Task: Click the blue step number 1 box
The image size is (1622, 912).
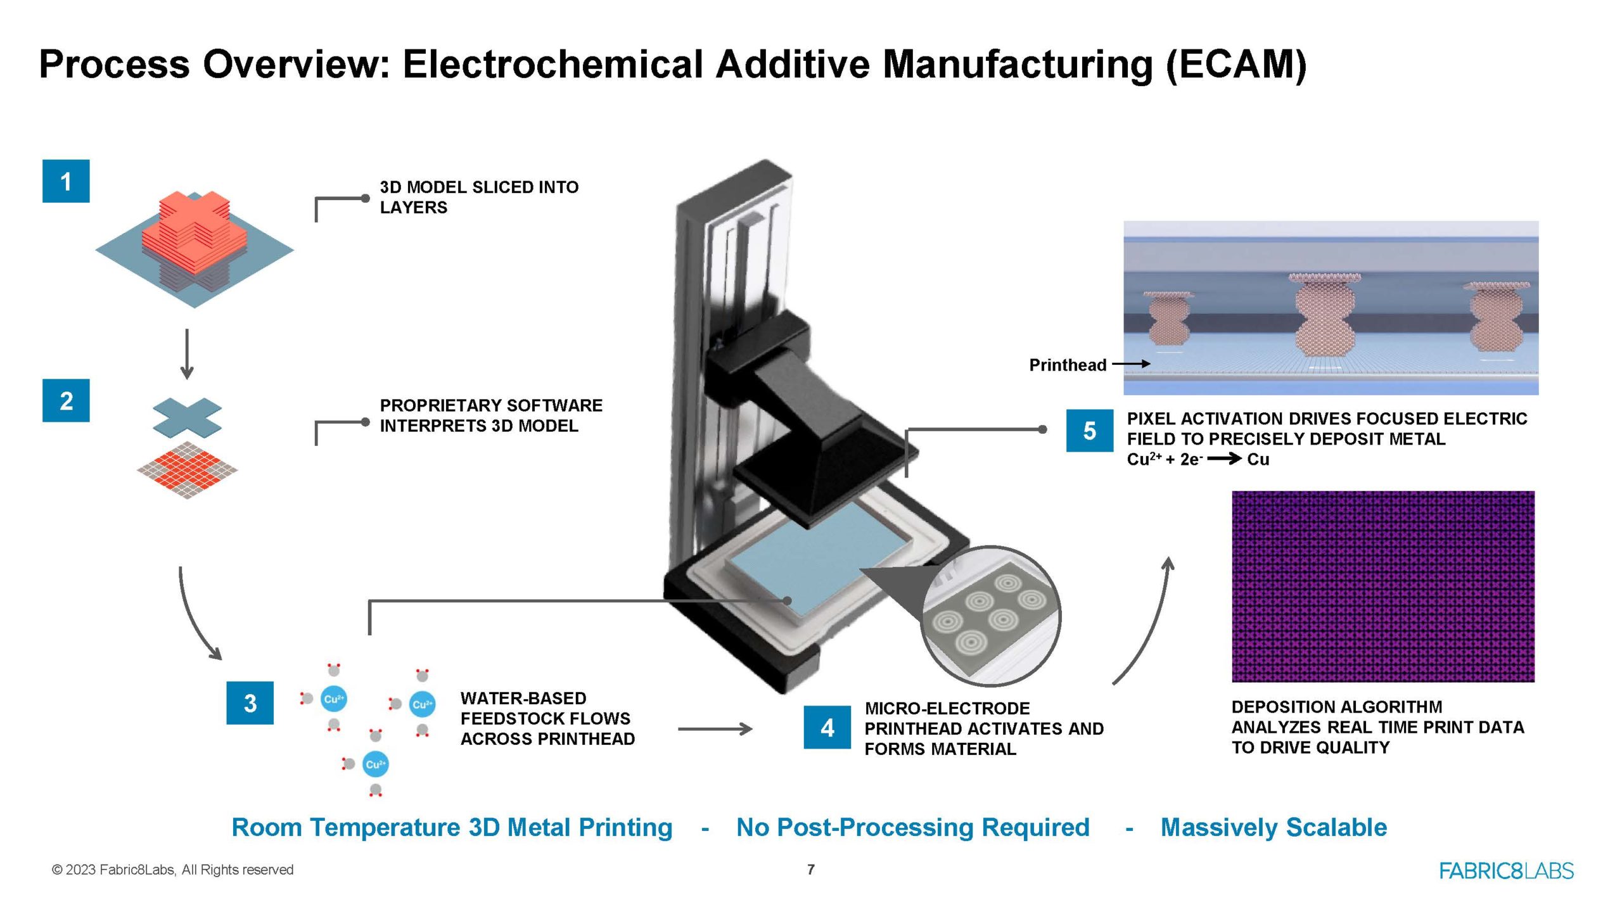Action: (x=66, y=181)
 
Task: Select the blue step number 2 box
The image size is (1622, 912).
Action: (x=66, y=400)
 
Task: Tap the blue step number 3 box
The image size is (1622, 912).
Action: (x=250, y=703)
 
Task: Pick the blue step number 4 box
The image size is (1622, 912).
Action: (x=827, y=728)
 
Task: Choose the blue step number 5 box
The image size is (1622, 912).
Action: (x=1089, y=431)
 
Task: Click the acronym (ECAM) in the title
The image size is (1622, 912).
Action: (x=1236, y=65)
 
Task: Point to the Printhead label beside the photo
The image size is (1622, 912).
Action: (x=1068, y=365)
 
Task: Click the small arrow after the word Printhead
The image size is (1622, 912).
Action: (x=1132, y=364)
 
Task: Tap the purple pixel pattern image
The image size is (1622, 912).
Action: (x=1383, y=586)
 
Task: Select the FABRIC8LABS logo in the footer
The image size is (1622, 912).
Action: (x=1506, y=871)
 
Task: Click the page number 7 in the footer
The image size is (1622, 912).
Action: (x=811, y=870)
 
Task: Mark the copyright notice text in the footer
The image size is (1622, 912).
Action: (x=172, y=870)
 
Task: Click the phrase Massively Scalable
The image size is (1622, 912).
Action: (x=1274, y=827)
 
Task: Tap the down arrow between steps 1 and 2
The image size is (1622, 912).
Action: (x=186, y=353)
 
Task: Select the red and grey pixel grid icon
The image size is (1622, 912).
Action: (x=187, y=470)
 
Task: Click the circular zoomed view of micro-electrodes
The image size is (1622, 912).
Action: (x=990, y=616)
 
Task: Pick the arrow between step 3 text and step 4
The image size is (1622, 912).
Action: (x=715, y=729)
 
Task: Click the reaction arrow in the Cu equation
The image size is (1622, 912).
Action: (x=1224, y=459)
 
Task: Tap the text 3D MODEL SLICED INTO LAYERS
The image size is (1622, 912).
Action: (x=478, y=197)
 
